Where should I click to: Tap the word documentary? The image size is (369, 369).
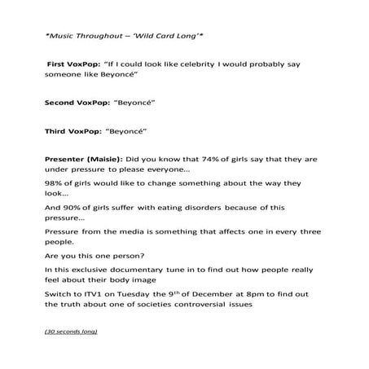click(162, 269)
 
